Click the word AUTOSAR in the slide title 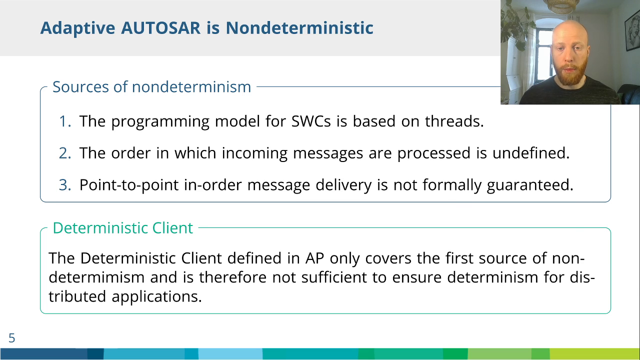tap(161, 28)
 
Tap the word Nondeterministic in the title tap(299, 28)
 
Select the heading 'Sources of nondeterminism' tap(151, 87)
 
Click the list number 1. tap(65, 121)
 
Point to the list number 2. tap(65, 153)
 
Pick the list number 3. tap(65, 184)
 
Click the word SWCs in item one tap(311, 121)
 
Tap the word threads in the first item tap(454, 121)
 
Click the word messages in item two tap(328, 153)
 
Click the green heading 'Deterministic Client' tap(123, 228)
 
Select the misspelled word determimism tap(96, 277)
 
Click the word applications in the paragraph tap(156, 297)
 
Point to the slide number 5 tap(11, 338)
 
